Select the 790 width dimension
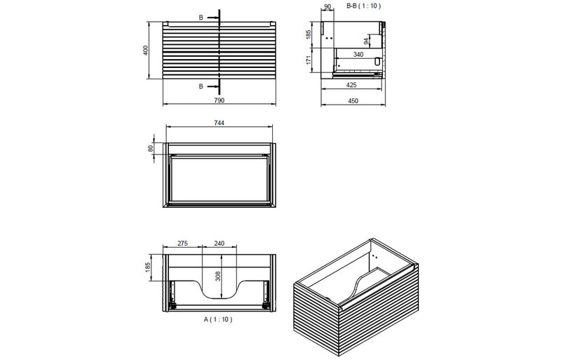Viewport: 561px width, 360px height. (x=219, y=101)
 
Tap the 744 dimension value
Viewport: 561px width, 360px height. (x=219, y=122)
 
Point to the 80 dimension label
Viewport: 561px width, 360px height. (x=150, y=149)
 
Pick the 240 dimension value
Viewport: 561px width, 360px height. (x=219, y=243)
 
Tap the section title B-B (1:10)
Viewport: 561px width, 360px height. (x=363, y=6)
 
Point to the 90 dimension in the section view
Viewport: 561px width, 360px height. (x=327, y=7)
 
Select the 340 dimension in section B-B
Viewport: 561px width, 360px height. (x=358, y=53)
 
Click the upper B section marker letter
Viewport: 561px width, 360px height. (x=201, y=16)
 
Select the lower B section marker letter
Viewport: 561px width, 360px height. (x=201, y=86)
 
